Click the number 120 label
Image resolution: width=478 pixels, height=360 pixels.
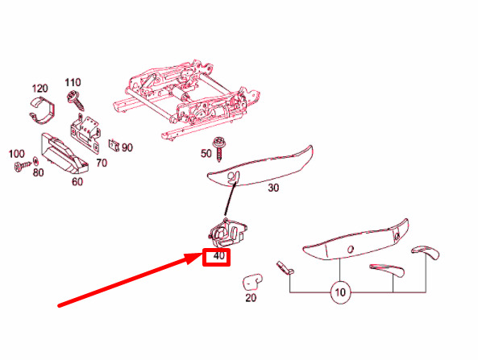pos(40,89)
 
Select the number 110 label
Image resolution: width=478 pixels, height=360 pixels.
pos(73,82)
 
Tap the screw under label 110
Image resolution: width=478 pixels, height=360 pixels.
pos(75,100)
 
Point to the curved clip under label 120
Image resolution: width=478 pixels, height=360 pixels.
pos(43,110)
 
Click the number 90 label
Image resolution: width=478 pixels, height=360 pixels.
pos(127,147)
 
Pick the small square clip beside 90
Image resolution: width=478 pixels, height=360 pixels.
pos(114,145)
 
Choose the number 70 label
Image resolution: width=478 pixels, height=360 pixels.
pos(102,163)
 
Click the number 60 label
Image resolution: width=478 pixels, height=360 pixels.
pos(77,182)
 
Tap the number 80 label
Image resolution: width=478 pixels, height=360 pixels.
pos(38,172)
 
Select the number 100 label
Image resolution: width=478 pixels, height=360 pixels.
pos(16,154)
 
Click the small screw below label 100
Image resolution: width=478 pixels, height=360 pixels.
pos(23,166)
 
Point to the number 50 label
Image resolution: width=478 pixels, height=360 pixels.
pos(206,154)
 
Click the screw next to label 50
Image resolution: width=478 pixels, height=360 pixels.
pos(219,149)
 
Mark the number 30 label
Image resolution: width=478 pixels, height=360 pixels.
pos(273,188)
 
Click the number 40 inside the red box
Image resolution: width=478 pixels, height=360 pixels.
pos(219,256)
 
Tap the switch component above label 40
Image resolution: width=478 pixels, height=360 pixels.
pos(228,233)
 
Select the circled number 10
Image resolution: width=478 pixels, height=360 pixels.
pos(340,292)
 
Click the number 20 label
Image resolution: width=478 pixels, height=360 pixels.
pos(251,297)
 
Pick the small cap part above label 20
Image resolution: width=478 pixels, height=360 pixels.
pos(252,282)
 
